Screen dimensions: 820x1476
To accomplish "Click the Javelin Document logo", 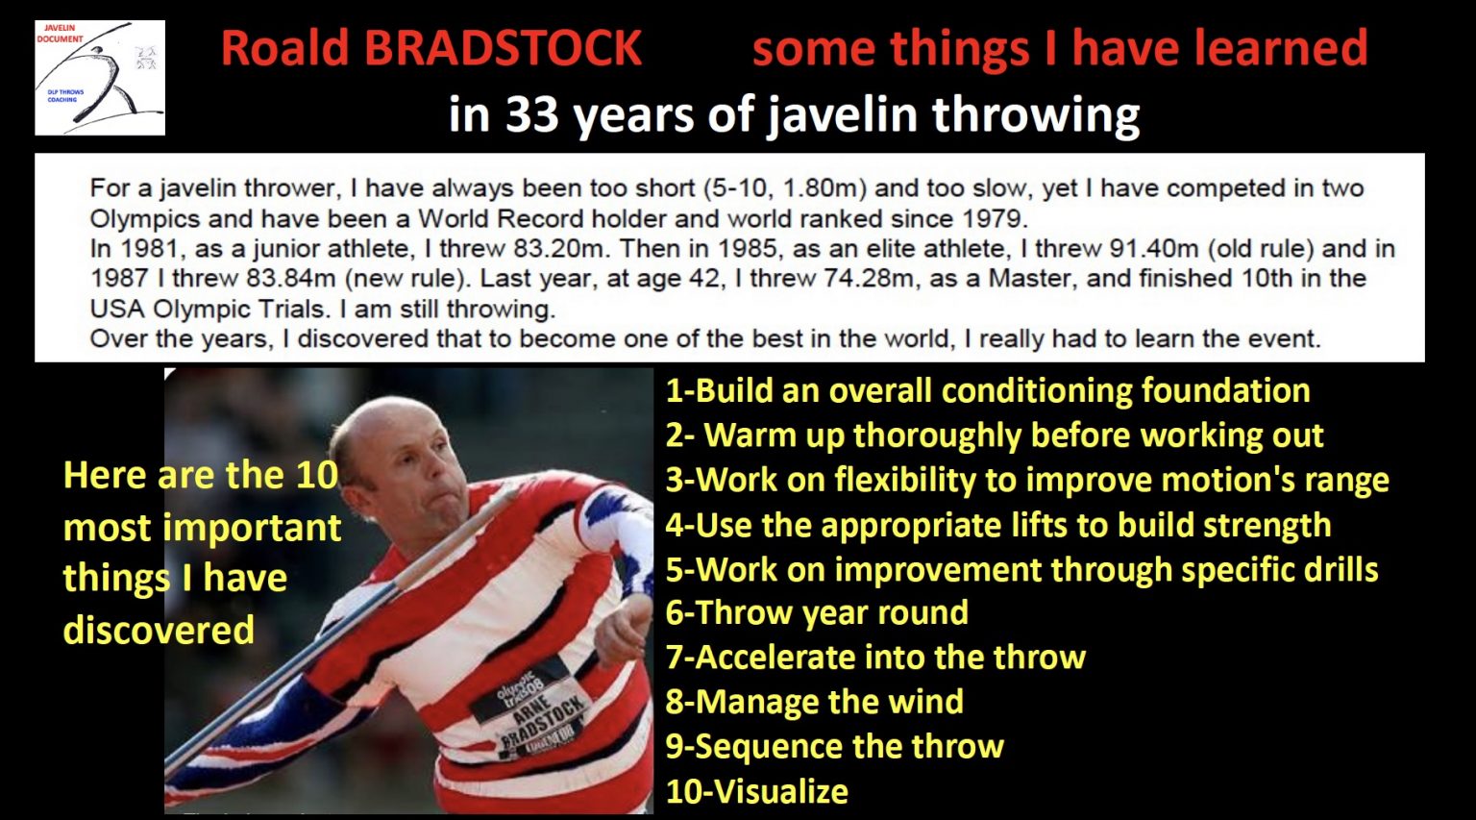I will [100, 77].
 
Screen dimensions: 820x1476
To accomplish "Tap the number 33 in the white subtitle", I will [531, 114].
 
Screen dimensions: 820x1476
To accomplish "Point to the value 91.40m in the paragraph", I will [1153, 249].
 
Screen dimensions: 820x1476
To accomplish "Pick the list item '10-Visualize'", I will [756, 791].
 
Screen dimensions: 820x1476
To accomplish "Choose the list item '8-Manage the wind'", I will [814, 702].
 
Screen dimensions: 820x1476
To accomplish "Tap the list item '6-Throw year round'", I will [817, 612].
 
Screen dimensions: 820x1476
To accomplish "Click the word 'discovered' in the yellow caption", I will [159, 631].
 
